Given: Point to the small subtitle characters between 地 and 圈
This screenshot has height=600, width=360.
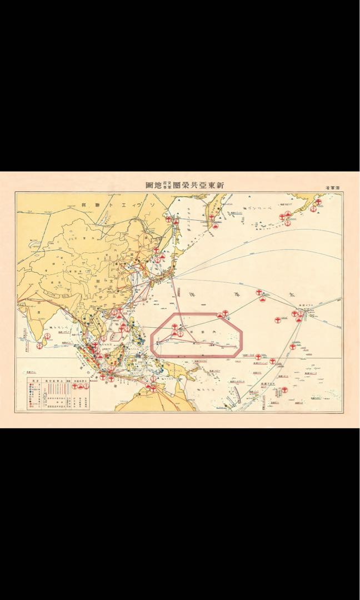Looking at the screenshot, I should point(167,186).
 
